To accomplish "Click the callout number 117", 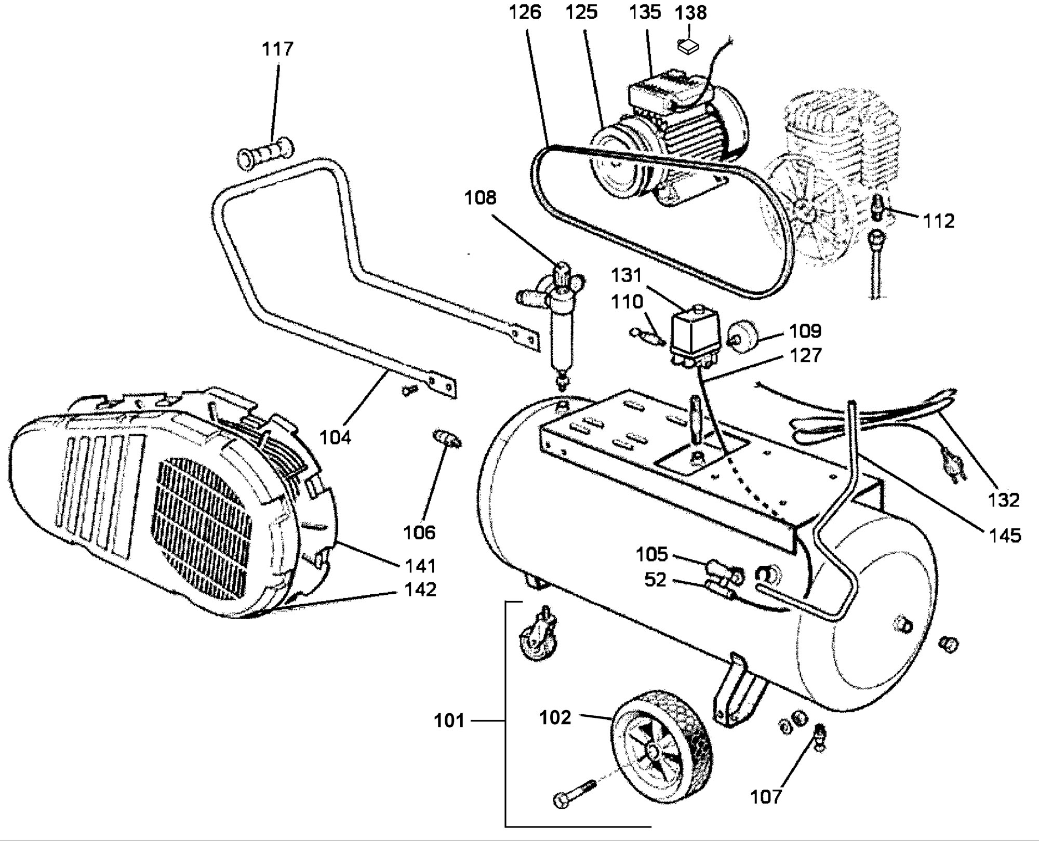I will pyautogui.click(x=277, y=49).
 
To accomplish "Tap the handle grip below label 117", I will pyautogui.click(x=265, y=151).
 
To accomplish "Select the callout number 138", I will pyautogui.click(x=691, y=12).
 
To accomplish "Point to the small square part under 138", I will pyautogui.click(x=689, y=46).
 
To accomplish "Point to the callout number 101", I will pyautogui.click(x=449, y=722).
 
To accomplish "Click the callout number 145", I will pyautogui.click(x=1005, y=536).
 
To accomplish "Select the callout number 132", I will pyautogui.click(x=1004, y=500).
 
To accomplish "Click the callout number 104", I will pyautogui.click(x=335, y=437).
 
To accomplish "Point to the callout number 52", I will pyautogui.click(x=655, y=580).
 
